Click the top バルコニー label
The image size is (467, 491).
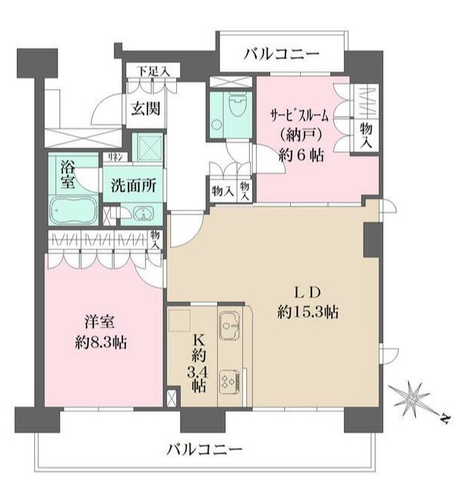tap(282, 55)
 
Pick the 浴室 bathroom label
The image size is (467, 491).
tap(67, 174)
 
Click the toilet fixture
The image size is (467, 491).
tap(235, 105)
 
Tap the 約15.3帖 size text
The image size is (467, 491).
tap(308, 312)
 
